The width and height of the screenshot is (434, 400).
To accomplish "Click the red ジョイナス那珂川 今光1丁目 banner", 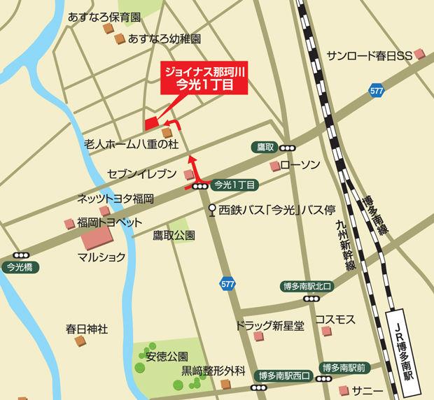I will point(206,78).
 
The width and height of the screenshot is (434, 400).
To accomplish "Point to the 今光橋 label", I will point(20,266).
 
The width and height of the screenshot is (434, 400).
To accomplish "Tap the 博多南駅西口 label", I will point(283,376).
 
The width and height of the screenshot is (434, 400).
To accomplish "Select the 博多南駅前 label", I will point(343,368).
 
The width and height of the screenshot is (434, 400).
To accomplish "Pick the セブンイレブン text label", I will point(138,173).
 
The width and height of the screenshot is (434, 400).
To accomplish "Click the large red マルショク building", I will point(101,241).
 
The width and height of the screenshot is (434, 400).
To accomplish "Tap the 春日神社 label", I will point(87,328).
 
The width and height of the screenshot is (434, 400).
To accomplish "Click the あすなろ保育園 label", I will point(104,15).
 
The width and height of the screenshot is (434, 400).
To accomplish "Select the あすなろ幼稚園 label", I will point(164,39).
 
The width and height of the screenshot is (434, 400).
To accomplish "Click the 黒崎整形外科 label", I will point(213,370).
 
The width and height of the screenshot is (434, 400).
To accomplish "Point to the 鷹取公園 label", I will point(174,234).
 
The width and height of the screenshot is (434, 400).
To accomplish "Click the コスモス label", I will point(335,319).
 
